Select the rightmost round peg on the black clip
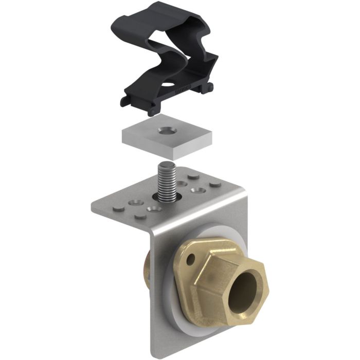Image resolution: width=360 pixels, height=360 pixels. click(x=209, y=89)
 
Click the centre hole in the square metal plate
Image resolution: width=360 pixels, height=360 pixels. click(x=166, y=130)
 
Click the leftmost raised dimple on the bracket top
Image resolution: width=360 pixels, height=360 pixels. click(x=118, y=208)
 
